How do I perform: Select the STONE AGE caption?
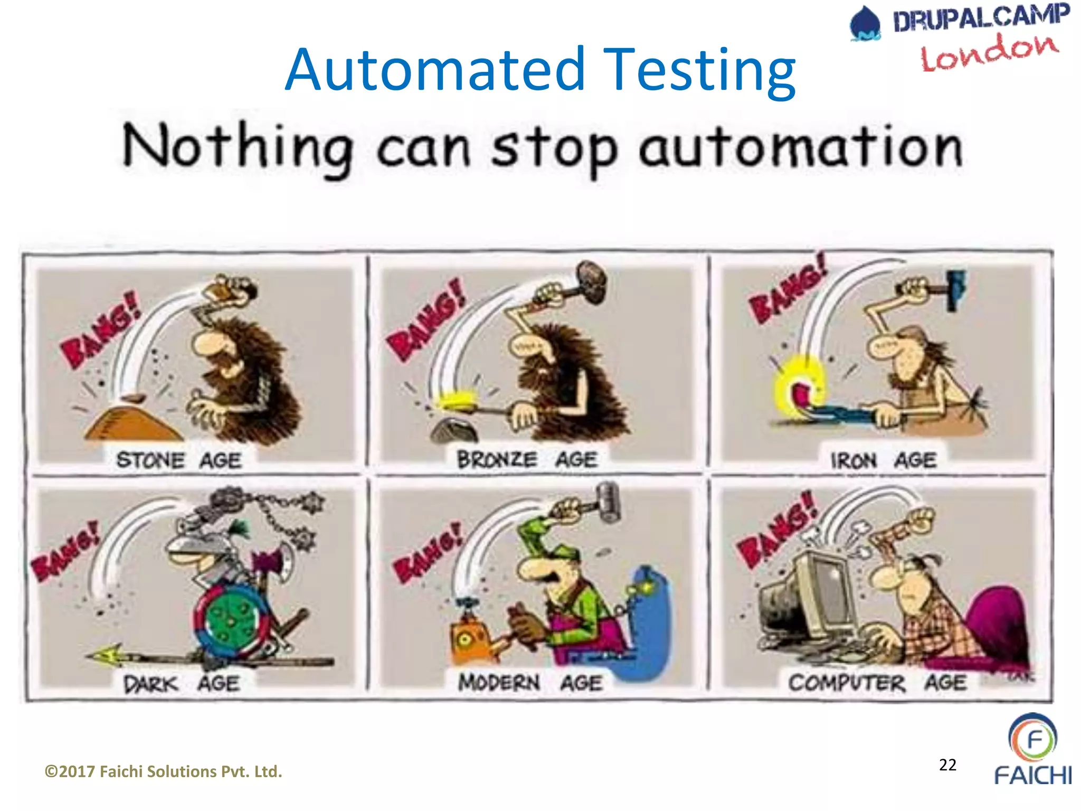pyautogui.click(x=178, y=460)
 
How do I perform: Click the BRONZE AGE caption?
pyautogui.click(x=527, y=459)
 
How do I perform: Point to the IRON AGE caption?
pyautogui.click(x=883, y=460)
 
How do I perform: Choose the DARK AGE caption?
pyautogui.click(x=181, y=684)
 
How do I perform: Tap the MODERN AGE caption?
pyautogui.click(x=529, y=683)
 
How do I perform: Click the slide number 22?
pyautogui.click(x=947, y=765)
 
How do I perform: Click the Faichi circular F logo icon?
pyautogui.click(x=1033, y=738)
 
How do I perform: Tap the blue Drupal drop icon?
pyautogui.click(x=865, y=24)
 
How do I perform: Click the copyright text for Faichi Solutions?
pyautogui.click(x=163, y=771)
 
